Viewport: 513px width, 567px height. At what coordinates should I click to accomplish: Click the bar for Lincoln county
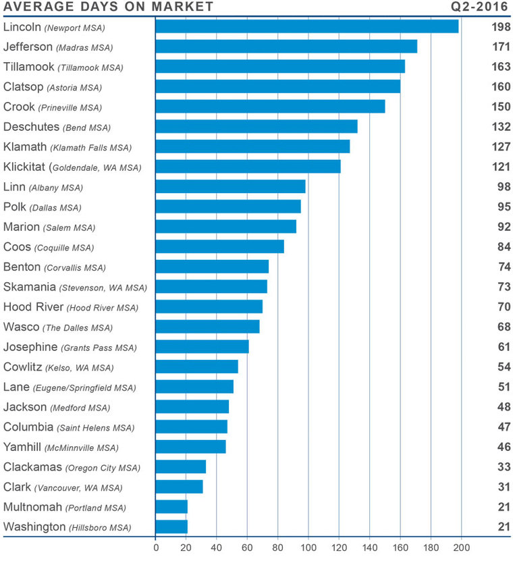pos(306,26)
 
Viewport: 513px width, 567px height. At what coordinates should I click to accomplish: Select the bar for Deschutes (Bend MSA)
pos(256,126)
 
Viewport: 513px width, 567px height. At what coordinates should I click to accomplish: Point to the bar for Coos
pos(219,247)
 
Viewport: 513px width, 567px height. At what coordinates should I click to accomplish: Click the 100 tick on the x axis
pos(308,547)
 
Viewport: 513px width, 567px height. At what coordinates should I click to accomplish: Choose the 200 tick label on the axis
pos(462,547)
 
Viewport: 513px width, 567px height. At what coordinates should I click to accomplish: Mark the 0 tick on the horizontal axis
pos(156,547)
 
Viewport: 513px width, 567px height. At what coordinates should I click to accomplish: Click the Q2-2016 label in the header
pos(480,7)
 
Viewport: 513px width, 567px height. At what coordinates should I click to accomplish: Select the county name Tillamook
pos(29,67)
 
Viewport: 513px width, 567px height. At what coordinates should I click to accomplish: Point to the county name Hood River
pos(33,307)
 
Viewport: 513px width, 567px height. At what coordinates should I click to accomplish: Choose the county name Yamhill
pos(22,447)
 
